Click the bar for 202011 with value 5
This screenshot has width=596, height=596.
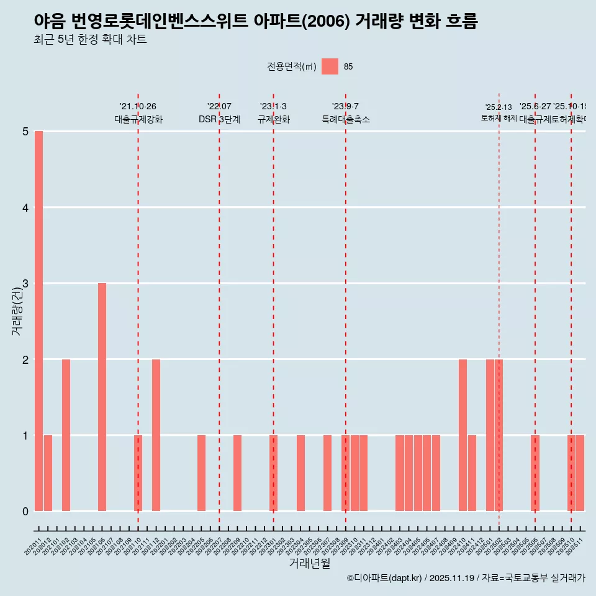(x=38, y=321)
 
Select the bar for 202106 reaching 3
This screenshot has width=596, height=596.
(x=102, y=397)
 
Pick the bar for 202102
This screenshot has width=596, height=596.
(x=66, y=435)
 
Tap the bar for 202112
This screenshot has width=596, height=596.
(x=156, y=435)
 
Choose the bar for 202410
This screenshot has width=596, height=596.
(x=463, y=435)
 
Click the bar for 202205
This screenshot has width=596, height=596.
(x=201, y=473)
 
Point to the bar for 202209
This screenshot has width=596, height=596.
(x=237, y=473)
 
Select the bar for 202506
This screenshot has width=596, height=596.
(x=535, y=473)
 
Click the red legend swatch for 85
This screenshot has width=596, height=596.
(x=330, y=66)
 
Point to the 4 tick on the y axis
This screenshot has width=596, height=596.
(x=25, y=207)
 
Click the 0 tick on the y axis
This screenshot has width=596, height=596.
(x=25, y=511)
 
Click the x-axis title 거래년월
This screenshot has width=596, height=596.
(x=309, y=563)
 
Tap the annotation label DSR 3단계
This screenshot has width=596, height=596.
(x=219, y=119)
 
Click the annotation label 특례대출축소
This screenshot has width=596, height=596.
(x=345, y=119)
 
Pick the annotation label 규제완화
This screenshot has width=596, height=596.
(x=273, y=119)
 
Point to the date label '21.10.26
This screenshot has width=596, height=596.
(x=138, y=107)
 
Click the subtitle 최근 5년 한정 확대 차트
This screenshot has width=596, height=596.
(x=91, y=40)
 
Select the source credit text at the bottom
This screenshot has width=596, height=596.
(x=466, y=578)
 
